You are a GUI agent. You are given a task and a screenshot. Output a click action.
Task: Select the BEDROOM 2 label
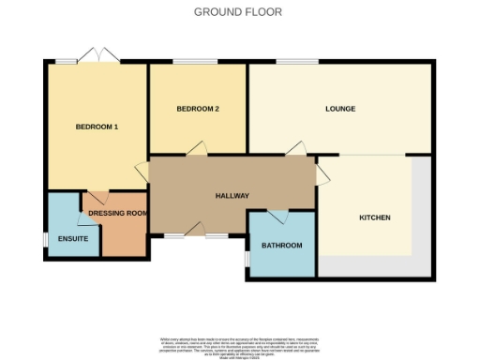(x=198, y=109)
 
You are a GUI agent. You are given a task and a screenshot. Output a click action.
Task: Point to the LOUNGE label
(x=340, y=109)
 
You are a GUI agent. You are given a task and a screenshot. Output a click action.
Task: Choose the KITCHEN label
(x=375, y=217)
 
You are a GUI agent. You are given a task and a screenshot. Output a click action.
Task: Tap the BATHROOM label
(x=282, y=246)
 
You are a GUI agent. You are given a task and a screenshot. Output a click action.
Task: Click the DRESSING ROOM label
(x=119, y=213)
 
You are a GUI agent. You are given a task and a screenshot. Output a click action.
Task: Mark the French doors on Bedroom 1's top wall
(x=96, y=56)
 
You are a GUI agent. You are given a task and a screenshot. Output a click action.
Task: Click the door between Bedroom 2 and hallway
(x=196, y=149)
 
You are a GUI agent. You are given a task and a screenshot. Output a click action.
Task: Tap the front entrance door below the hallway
(x=195, y=230)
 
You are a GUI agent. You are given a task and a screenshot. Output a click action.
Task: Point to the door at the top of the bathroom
(x=277, y=216)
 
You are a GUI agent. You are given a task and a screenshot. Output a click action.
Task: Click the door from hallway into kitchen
(x=322, y=174)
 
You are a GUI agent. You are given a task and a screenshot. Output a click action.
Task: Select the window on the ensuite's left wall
(x=45, y=240)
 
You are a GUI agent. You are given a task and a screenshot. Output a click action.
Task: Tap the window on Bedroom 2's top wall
(x=197, y=63)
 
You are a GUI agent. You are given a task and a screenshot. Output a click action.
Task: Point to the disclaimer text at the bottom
(x=239, y=343)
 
